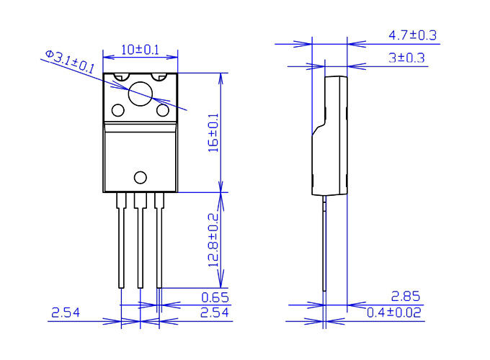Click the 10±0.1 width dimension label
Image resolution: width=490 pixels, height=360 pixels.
[139, 50]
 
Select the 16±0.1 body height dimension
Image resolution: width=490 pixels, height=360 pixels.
[213, 133]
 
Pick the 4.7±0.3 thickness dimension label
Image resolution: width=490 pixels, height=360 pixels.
[412, 35]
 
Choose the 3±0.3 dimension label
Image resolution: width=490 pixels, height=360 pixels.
[406, 58]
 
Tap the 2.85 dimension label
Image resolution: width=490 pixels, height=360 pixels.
[406, 296]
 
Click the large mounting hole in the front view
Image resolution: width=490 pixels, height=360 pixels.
[140, 93]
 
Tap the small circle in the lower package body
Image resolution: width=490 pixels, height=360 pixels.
[140, 178]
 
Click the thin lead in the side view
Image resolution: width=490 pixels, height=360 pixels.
[325, 245]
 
